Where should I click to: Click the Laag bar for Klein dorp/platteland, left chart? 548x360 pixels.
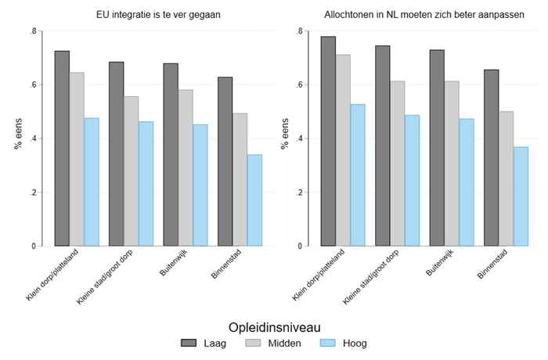click(x=62, y=149)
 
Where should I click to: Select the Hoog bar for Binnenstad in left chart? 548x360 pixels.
click(x=254, y=200)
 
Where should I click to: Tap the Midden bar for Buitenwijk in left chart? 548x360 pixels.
click(x=186, y=167)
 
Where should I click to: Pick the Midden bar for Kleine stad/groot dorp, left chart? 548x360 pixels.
click(x=131, y=171)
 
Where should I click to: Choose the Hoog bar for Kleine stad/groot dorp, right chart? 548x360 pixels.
click(x=412, y=181)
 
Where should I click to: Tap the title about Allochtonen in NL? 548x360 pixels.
click(x=422, y=15)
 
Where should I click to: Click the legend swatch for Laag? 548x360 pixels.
click(x=189, y=343)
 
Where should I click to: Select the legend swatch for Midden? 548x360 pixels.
click(x=253, y=343)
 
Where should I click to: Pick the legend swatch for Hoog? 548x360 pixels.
click(x=328, y=343)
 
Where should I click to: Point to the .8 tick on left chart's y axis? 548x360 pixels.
click(x=33, y=31)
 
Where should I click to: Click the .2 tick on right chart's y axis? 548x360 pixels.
click(x=299, y=193)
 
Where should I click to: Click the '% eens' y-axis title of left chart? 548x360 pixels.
click(x=16, y=138)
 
